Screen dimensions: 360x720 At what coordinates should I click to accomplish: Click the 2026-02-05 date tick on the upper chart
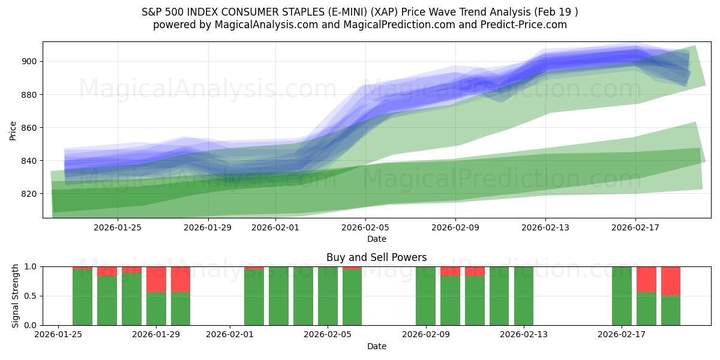(366, 227)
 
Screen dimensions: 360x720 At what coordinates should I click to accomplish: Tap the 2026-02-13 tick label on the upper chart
(545, 227)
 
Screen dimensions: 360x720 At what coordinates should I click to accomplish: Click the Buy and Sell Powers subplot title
(376, 257)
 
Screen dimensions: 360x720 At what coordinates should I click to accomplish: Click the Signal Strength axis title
(16, 296)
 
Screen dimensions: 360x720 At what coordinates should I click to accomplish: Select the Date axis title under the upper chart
(376, 239)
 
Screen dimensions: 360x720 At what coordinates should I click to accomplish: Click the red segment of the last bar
(671, 281)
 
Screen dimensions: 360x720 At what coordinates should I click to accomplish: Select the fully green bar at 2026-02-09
(425, 296)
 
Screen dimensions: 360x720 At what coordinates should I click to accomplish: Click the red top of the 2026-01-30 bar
(181, 279)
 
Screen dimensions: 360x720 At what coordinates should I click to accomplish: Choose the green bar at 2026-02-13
(524, 296)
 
